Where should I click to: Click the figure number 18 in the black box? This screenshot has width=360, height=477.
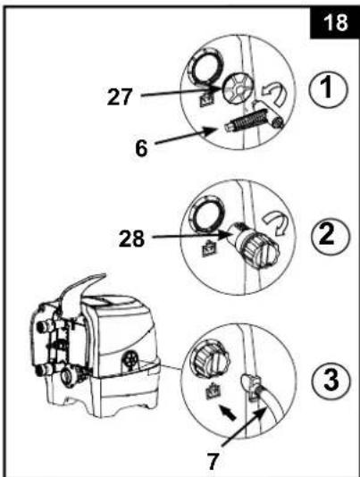coord(335,22)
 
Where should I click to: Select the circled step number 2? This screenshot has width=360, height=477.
coord(331,236)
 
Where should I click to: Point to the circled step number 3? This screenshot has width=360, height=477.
coord(331,381)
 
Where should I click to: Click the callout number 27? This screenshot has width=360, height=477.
coord(120,96)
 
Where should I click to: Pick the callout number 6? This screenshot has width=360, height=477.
coord(141,148)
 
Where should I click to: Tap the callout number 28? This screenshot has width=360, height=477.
coord(131,238)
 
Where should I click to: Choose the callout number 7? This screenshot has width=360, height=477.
coord(213,461)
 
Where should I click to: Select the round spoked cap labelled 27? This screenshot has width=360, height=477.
coord(237,90)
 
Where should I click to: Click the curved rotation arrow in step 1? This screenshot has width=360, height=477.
coord(273,94)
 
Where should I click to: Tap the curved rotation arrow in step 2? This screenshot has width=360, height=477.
coord(277,223)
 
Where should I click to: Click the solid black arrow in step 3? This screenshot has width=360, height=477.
coord(227,412)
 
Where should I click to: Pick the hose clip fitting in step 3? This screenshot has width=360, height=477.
coord(251,387)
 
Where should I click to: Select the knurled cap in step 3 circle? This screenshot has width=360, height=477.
coord(210,361)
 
